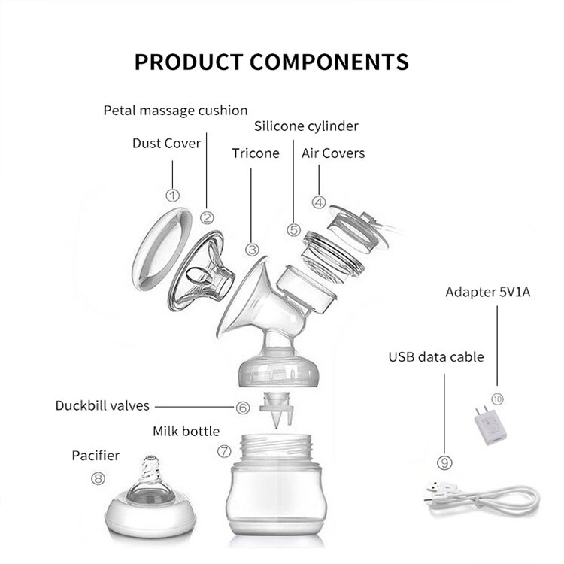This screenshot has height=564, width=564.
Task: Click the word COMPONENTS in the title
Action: (x=329, y=62)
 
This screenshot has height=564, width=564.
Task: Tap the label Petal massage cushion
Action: (x=175, y=111)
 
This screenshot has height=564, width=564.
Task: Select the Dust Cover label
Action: (x=166, y=143)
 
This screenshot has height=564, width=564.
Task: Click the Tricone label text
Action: (x=256, y=153)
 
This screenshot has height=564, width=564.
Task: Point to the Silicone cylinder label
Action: (x=306, y=126)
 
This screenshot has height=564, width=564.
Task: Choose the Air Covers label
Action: (x=333, y=153)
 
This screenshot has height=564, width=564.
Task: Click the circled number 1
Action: (x=173, y=196)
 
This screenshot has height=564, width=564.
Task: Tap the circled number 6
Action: (x=243, y=408)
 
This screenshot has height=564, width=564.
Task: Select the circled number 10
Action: (x=498, y=399)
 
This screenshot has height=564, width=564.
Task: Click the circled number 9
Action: (x=444, y=462)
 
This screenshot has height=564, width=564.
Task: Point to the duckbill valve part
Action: (x=277, y=409)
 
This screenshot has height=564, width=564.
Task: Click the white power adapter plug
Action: (x=491, y=426)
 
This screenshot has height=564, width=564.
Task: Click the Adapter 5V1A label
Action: (x=488, y=292)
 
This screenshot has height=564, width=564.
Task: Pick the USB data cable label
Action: (x=436, y=356)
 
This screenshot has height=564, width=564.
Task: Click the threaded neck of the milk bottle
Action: (x=276, y=448)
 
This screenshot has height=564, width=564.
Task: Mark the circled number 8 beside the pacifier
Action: (x=99, y=478)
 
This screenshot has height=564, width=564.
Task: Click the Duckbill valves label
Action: (x=102, y=406)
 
